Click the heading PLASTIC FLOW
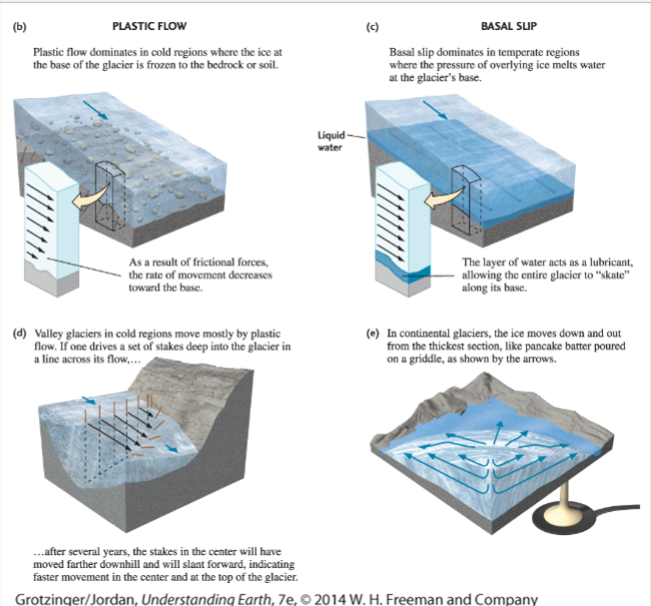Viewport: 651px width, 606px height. pos(150,26)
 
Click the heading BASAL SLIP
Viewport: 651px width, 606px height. pos(508,26)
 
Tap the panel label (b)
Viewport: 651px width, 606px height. pos(19,27)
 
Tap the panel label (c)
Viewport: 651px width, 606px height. pos(372,27)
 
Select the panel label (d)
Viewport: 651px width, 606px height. pos(19,333)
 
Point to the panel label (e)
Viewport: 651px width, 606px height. pos(372,333)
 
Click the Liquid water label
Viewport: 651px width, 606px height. pos(330,141)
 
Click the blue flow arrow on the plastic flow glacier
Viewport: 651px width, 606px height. pos(96,110)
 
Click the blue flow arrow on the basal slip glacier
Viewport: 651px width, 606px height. pos(435,110)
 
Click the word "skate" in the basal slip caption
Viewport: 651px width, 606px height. pos(615,275)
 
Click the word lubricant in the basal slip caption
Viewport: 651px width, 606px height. pos(609,263)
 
